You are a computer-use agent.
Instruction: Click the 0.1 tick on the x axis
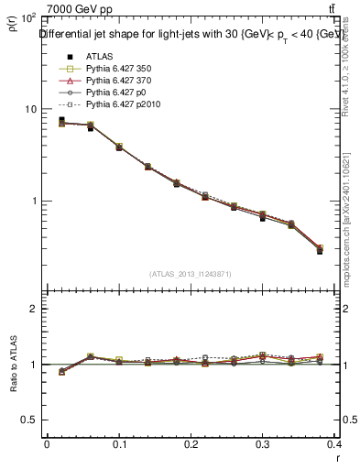[119, 444]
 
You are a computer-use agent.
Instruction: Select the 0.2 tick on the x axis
[192, 444]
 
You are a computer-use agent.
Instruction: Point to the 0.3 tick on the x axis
[266, 444]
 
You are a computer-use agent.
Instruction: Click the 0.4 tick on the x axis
[337, 444]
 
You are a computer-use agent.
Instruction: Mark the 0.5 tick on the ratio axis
[28, 420]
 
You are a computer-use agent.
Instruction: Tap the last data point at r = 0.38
[320, 249]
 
